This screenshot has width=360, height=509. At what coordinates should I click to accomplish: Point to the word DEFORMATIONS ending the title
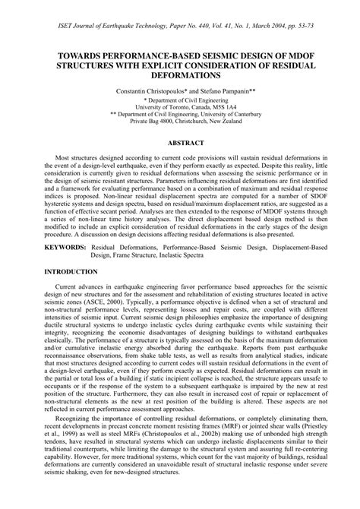[x=180, y=76]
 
